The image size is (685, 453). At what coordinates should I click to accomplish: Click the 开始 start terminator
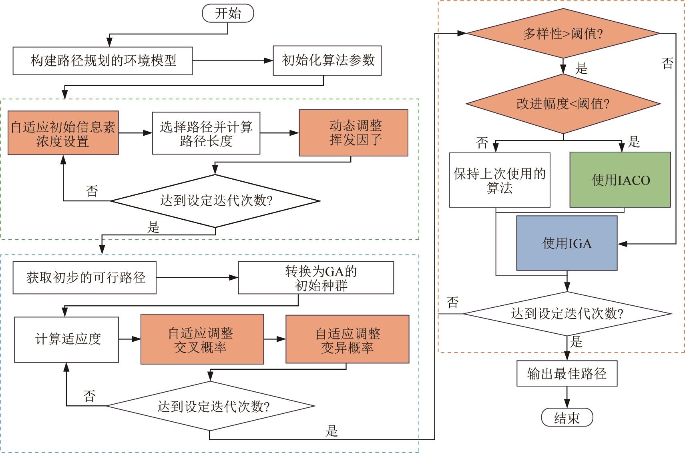(228, 13)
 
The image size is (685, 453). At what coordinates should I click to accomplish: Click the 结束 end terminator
(566, 418)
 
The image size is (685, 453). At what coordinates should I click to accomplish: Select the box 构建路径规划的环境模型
(102, 61)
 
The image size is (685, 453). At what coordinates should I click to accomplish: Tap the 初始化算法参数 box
(327, 60)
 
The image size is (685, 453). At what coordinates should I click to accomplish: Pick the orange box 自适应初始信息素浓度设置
(63, 133)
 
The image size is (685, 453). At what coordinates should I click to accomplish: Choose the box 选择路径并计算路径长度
(206, 133)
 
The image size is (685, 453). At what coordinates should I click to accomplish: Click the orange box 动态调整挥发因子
(354, 133)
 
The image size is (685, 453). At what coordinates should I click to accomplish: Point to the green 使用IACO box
(620, 180)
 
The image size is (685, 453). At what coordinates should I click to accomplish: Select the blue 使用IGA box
(566, 243)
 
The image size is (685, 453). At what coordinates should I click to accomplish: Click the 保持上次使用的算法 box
(500, 180)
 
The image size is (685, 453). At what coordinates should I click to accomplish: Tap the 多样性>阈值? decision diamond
(563, 34)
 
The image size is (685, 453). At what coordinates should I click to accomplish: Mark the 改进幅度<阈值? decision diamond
(563, 104)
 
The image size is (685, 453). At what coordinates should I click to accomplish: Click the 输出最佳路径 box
(566, 373)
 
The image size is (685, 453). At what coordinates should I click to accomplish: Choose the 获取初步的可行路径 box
(84, 278)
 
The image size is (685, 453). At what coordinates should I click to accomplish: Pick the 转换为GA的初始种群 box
(316, 278)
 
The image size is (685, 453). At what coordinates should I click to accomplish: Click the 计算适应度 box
(66, 339)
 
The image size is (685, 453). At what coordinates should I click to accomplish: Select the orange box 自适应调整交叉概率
(202, 339)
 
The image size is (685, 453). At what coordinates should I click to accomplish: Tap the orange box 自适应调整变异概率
(347, 339)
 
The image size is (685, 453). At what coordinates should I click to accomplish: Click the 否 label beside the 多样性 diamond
(667, 63)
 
